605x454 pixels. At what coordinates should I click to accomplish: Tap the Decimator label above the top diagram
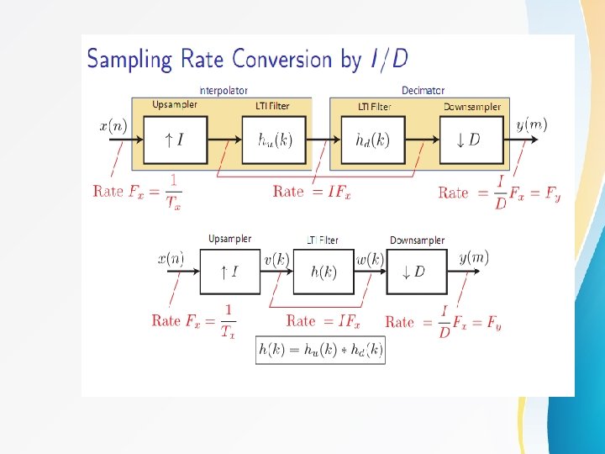423,91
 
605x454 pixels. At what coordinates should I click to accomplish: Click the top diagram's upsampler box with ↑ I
175,140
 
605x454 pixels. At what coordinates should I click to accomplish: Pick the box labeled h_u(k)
274,140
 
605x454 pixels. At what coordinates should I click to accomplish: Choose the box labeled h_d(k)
373,140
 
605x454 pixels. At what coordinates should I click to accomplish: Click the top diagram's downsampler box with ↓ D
471,140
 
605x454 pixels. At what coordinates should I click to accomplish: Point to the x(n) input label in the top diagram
113,127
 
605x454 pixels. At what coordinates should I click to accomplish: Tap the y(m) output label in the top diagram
531,125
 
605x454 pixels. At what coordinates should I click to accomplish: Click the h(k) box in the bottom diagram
324,272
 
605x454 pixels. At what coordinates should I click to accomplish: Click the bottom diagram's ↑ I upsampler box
229,272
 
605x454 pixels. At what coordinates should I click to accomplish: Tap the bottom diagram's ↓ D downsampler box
417,272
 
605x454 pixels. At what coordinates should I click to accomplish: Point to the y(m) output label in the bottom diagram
474,258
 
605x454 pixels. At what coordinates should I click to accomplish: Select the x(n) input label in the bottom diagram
171,259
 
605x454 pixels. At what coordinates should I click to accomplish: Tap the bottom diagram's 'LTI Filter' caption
323,240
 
